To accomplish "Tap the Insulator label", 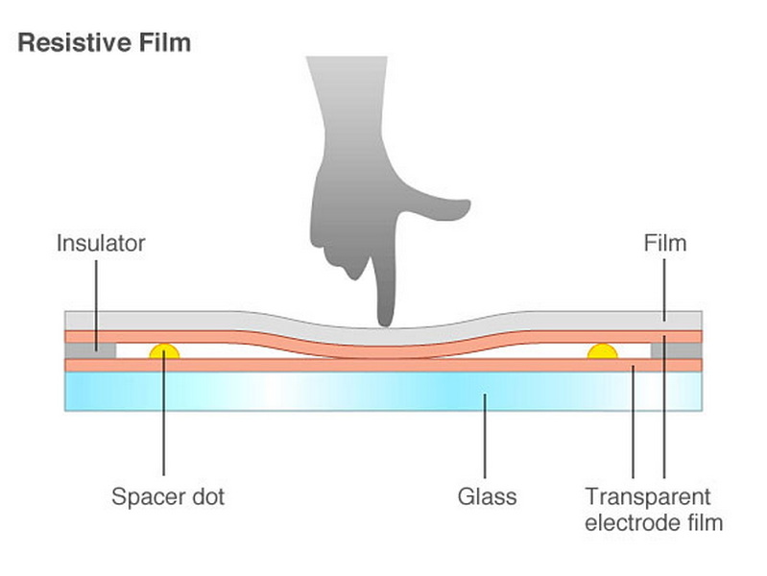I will (x=100, y=243).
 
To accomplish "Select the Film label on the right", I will (x=664, y=243).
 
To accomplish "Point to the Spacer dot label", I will (x=167, y=497).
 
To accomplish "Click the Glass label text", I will (x=487, y=497).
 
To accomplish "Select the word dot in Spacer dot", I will (x=207, y=497).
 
